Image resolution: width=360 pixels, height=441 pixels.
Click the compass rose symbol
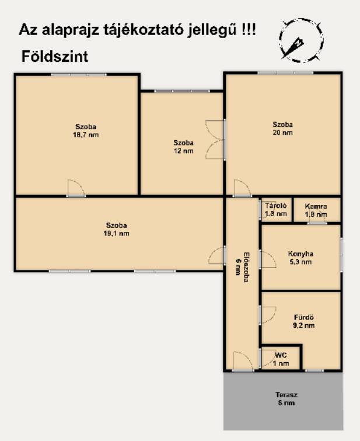coord(301,40)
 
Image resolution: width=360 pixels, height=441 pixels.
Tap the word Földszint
coord(55,57)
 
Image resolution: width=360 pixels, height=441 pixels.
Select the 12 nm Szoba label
coord(184,147)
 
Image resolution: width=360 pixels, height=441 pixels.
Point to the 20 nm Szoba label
coord(283,129)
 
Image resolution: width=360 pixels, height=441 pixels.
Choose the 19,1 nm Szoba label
coord(116,229)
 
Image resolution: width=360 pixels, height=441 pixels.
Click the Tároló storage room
coord(276,210)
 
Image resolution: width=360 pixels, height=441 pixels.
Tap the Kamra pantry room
coord(316,210)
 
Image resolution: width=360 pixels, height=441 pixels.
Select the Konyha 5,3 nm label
coord(300,258)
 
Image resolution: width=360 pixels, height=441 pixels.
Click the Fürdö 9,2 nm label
coord(303,321)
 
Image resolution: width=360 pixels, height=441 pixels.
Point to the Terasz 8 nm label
coord(286,399)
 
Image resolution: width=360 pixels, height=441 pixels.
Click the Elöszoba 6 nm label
coord(242,266)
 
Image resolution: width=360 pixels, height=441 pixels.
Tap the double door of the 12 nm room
coord(216,140)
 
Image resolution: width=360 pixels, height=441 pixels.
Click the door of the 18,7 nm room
coord(76,187)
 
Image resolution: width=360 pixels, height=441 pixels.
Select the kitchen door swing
coord(268,259)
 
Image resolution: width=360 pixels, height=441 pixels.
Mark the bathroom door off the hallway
coord(268,315)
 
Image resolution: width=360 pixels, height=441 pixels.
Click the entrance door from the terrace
coord(243,361)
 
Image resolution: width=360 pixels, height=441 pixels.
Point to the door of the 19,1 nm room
coord(217,256)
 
